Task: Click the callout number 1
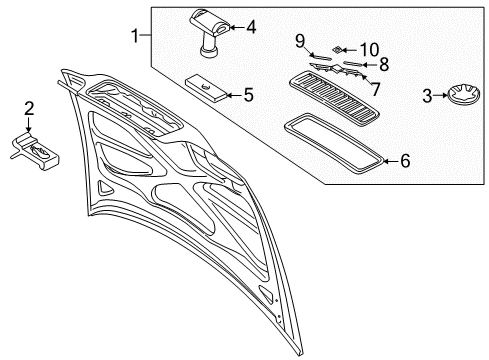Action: [x=136, y=37]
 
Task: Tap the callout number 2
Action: [x=30, y=108]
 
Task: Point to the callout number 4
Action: [x=251, y=27]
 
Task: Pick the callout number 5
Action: [x=249, y=96]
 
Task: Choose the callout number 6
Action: [x=404, y=160]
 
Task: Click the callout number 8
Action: [x=383, y=63]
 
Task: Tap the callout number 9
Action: [x=299, y=40]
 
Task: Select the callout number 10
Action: [x=370, y=47]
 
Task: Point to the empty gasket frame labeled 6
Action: [x=333, y=139]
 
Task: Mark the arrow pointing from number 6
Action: [x=390, y=159]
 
